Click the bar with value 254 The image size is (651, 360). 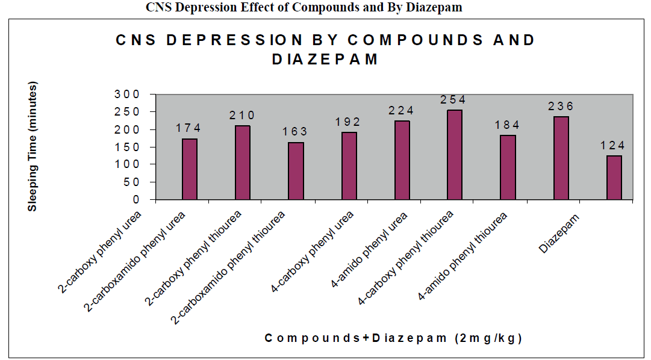click(455, 155)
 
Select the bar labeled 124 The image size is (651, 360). click(614, 178)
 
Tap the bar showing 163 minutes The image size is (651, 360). click(296, 171)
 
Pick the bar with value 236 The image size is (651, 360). click(561, 158)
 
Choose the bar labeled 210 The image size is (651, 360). click(243, 163)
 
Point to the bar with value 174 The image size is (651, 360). click(190, 169)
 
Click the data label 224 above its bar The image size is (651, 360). click(402, 110)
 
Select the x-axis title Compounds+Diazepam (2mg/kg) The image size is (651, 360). click(393, 338)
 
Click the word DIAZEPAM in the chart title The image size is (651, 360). click(325, 59)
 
